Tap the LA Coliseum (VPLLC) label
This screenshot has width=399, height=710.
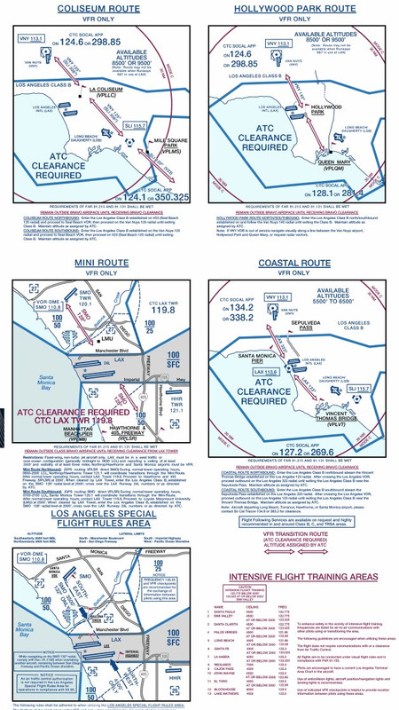point(106,92)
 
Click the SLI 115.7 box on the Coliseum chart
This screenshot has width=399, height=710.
point(136,126)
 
